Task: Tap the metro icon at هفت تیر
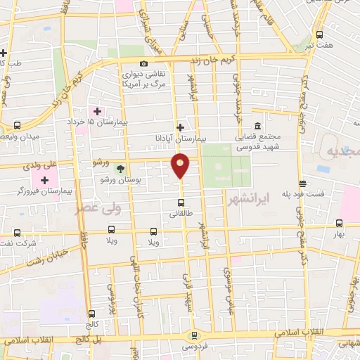coord(320,34)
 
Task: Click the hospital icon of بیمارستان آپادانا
coord(181,127)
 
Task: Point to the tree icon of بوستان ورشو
coord(120,169)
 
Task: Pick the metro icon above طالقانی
coord(181,203)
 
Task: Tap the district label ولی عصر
coord(98,208)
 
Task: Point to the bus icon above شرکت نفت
coord(16,233)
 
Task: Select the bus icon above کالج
coord(91,314)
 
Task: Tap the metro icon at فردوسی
coord(194,336)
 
